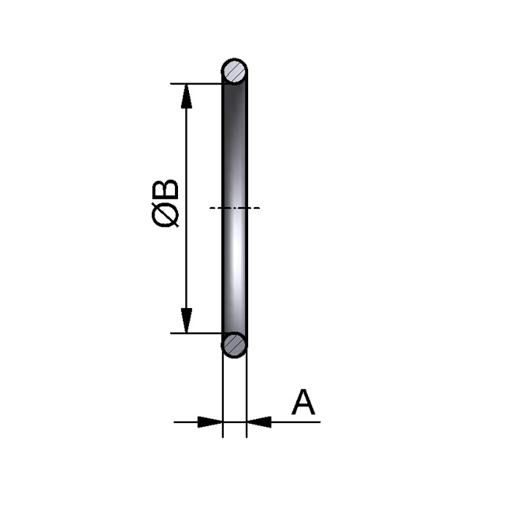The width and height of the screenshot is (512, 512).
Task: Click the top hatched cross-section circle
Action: pos(235,72)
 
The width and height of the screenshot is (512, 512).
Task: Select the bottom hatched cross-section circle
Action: pos(235,344)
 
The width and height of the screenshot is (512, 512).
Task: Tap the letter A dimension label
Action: pos(303,403)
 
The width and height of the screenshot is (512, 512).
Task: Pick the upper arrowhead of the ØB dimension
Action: pos(187,95)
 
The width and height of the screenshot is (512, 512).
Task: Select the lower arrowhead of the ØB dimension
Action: pos(187,321)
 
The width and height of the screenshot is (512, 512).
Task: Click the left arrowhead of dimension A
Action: pos(210,422)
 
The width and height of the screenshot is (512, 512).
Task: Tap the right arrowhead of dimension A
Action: pos(259,422)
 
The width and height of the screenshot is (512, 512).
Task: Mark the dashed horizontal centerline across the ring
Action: pos(235,208)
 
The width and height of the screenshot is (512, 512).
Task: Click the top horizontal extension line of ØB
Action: pos(197,83)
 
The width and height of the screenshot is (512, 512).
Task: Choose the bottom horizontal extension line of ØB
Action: pos(197,333)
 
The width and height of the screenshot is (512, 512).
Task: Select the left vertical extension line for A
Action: pos(223,394)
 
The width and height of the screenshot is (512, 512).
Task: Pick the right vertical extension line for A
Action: pos(247,394)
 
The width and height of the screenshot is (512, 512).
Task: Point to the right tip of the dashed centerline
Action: pos(258,208)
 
